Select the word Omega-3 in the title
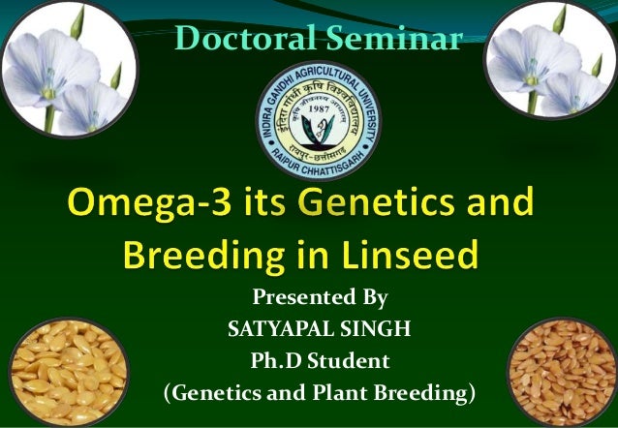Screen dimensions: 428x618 click(143, 206)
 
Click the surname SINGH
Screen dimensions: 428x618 click(377, 329)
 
